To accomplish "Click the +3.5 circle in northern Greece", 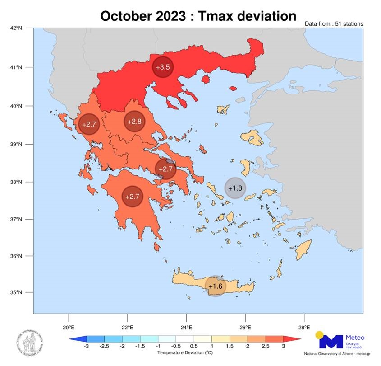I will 162,67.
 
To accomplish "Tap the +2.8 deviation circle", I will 134,122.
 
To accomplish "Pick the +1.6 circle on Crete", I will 216,286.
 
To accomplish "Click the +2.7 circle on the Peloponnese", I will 132,197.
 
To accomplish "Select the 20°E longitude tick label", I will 68,327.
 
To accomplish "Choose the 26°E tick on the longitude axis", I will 245,327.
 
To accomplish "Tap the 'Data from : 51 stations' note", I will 334,23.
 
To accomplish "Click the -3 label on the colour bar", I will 86,347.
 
